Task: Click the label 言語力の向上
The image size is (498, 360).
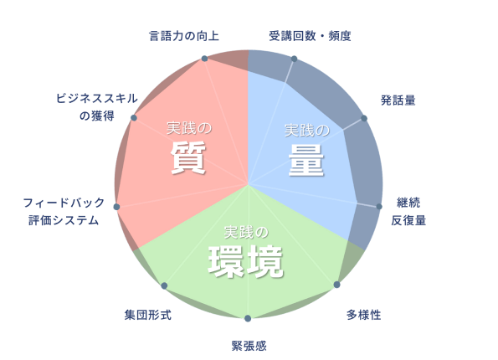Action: click(x=184, y=36)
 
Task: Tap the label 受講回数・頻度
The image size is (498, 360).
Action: click(x=310, y=36)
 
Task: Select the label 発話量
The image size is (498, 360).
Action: click(x=398, y=100)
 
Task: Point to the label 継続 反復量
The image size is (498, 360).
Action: click(x=408, y=211)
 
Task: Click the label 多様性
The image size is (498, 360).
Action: click(x=363, y=315)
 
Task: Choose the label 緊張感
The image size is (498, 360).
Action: click(x=249, y=346)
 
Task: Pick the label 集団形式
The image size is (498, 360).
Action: click(x=147, y=315)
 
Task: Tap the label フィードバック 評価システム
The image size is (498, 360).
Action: click(x=64, y=211)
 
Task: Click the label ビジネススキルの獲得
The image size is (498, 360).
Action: click(x=97, y=107)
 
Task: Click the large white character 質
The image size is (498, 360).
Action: click(x=188, y=157)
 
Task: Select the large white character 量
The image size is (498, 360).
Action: click(x=306, y=160)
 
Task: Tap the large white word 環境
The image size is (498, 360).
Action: click(x=245, y=261)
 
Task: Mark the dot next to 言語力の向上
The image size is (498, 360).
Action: click(x=204, y=59)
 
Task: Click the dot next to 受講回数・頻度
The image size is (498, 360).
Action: click(x=294, y=59)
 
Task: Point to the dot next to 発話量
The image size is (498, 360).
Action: click(x=364, y=119)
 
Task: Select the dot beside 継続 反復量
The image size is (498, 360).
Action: click(x=379, y=207)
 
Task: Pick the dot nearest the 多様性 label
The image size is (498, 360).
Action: click(x=337, y=285)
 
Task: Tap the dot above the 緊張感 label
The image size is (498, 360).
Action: click(x=248, y=318)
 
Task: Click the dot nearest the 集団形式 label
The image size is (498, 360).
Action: click(x=164, y=285)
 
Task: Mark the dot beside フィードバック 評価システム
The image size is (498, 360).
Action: click(x=116, y=207)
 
